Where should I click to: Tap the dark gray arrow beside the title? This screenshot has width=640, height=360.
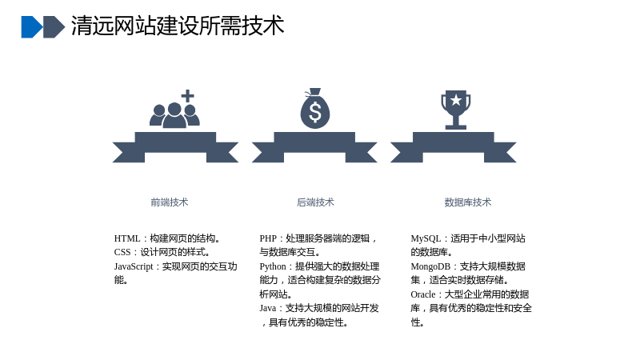pos(54,27)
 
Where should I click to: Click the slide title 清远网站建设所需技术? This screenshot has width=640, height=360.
pos(178,26)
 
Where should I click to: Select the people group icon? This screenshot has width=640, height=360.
pos(174,115)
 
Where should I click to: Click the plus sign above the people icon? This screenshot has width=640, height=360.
pos(187,96)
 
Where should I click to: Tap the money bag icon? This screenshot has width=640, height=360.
pos(314,109)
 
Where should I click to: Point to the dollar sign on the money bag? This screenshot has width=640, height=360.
pos(315,112)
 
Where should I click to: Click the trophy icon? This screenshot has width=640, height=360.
pos(455,110)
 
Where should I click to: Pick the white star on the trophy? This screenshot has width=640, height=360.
pos(455,99)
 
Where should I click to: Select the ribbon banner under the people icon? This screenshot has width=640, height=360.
pos(175,147)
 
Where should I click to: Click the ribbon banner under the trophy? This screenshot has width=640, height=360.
pos(454,147)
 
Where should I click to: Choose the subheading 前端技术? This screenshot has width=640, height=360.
pos(170,202)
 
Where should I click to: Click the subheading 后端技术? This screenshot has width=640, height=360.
pos(315,202)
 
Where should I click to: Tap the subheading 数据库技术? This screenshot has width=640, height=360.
pos(468,202)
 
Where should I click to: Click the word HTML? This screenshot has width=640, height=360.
pos(127,238)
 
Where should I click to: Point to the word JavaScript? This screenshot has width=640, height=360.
pos(134,266)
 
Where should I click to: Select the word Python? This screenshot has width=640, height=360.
pos(273,266)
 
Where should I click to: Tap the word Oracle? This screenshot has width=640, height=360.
pos(423,294)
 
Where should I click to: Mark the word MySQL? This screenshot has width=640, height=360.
pos(426,238)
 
